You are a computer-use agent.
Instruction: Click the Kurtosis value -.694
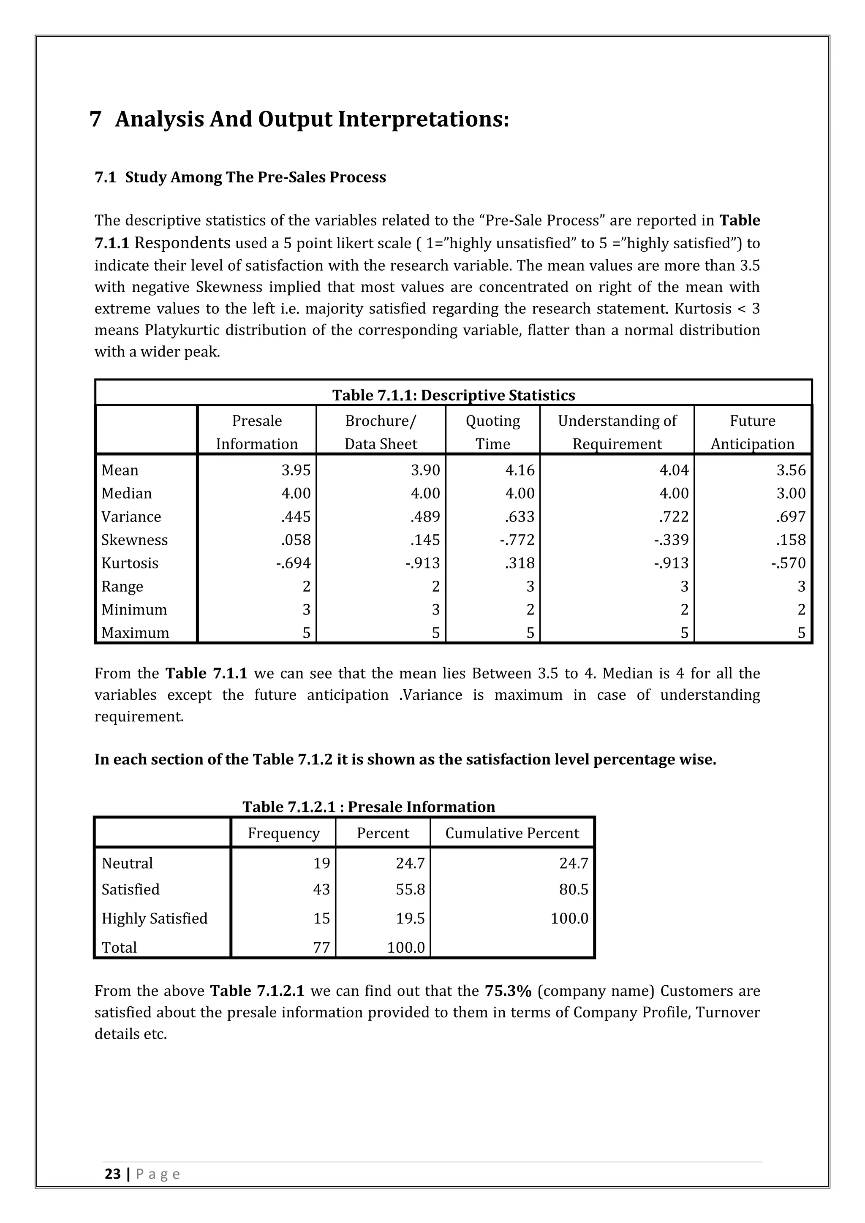[293, 563]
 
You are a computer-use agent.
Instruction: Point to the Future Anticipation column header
[752, 432]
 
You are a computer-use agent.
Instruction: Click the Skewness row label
[134, 540]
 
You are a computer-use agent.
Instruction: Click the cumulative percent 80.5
[573, 889]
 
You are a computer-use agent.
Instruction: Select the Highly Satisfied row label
[155, 919]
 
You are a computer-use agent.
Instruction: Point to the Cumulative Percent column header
[512, 833]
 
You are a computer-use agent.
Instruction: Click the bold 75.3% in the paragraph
[508, 991]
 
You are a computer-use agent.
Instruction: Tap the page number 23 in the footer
[112, 1189]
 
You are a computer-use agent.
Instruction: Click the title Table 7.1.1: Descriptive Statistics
[453, 395]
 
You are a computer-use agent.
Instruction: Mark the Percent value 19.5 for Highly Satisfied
[410, 919]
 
